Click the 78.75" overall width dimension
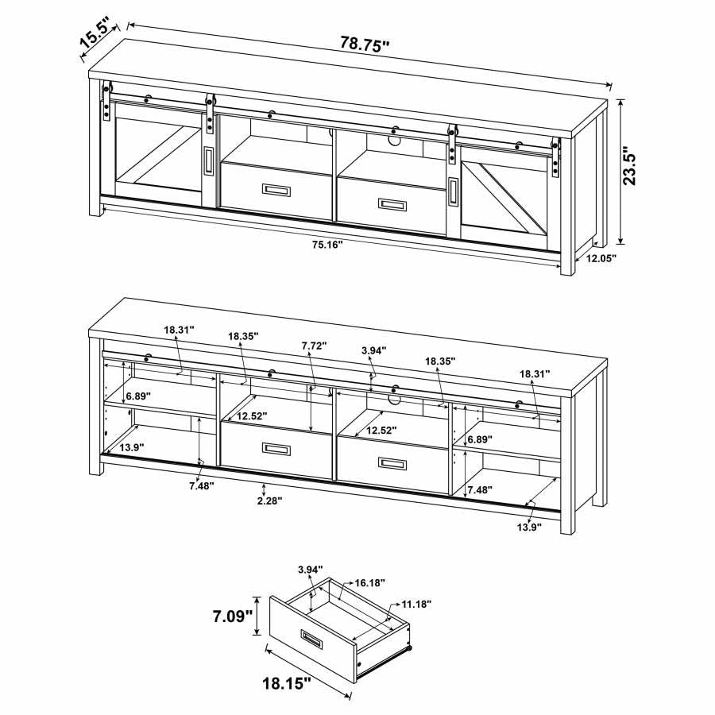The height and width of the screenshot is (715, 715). click(x=365, y=44)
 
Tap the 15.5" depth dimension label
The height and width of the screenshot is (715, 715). click(x=95, y=33)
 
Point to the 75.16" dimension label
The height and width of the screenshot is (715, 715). click(x=327, y=245)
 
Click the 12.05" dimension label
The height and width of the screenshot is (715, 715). click(x=601, y=258)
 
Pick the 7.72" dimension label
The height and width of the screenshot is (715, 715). click(x=314, y=346)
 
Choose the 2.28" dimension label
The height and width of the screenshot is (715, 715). click(x=269, y=500)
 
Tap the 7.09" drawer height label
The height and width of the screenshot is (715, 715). click(x=233, y=616)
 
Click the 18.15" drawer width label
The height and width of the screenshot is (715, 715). click(x=286, y=682)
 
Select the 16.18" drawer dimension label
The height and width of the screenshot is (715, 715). click(x=369, y=582)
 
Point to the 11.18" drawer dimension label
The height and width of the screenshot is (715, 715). click(x=416, y=605)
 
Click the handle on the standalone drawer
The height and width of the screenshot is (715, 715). click(x=312, y=638)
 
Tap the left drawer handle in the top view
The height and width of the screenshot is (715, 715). click(x=276, y=190)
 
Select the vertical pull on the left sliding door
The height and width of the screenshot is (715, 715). click(x=208, y=160)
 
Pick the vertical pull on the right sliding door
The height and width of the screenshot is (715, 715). click(x=453, y=191)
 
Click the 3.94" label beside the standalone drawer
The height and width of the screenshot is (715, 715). click(x=310, y=569)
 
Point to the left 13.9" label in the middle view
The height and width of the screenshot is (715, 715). click(x=132, y=448)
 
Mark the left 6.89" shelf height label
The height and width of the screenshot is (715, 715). click(x=138, y=396)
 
